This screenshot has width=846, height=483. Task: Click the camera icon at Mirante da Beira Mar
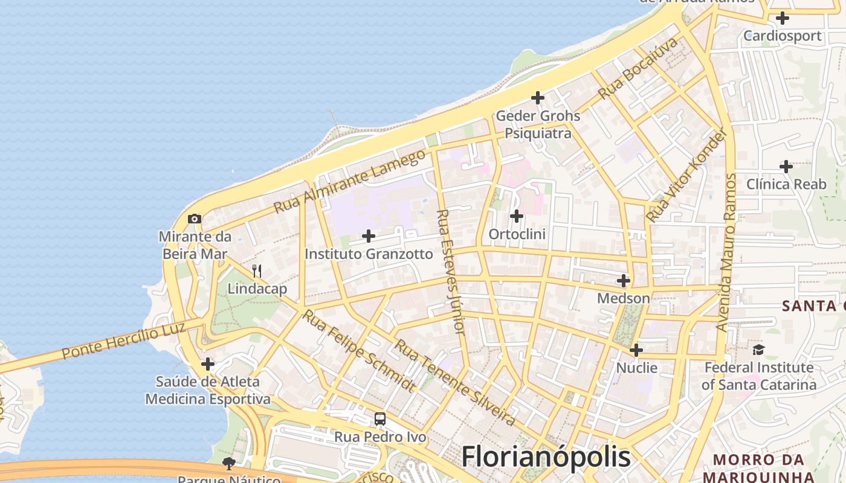pos(194,219)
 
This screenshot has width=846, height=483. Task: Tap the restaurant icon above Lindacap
pos(257,270)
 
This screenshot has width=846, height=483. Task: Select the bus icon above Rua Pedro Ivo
pos(380,419)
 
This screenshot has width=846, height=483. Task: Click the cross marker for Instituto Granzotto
pos(369,236)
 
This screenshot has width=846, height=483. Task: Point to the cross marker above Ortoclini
pos(517,216)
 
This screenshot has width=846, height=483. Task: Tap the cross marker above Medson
pos(624,281)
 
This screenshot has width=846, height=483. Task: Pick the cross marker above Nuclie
pos(636,350)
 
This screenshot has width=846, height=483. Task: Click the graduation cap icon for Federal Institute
pos(758,350)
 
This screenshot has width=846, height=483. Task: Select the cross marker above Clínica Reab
pos(786,166)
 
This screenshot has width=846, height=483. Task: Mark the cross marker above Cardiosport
pos(783,18)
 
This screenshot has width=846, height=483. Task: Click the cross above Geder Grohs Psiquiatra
pos(537,98)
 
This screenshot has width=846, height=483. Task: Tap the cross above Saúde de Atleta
pos(208,364)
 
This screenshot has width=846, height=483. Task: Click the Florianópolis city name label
pos(546,457)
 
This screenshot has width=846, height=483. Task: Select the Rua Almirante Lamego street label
pos(349,181)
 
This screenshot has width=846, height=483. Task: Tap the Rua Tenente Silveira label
pos(455,383)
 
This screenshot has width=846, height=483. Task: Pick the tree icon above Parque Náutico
pos(228,464)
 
